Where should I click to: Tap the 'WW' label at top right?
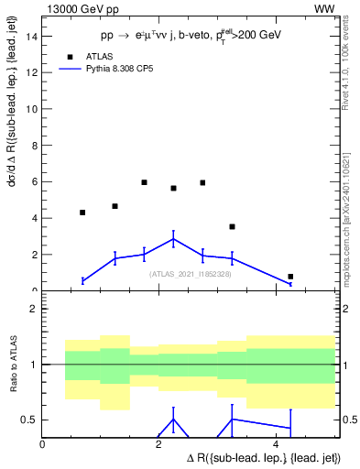point(324,8)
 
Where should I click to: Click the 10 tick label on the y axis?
point(33,109)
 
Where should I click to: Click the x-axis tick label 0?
point(43,444)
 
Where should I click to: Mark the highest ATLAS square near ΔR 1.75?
point(145,182)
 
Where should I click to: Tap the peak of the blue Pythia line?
point(173,239)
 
